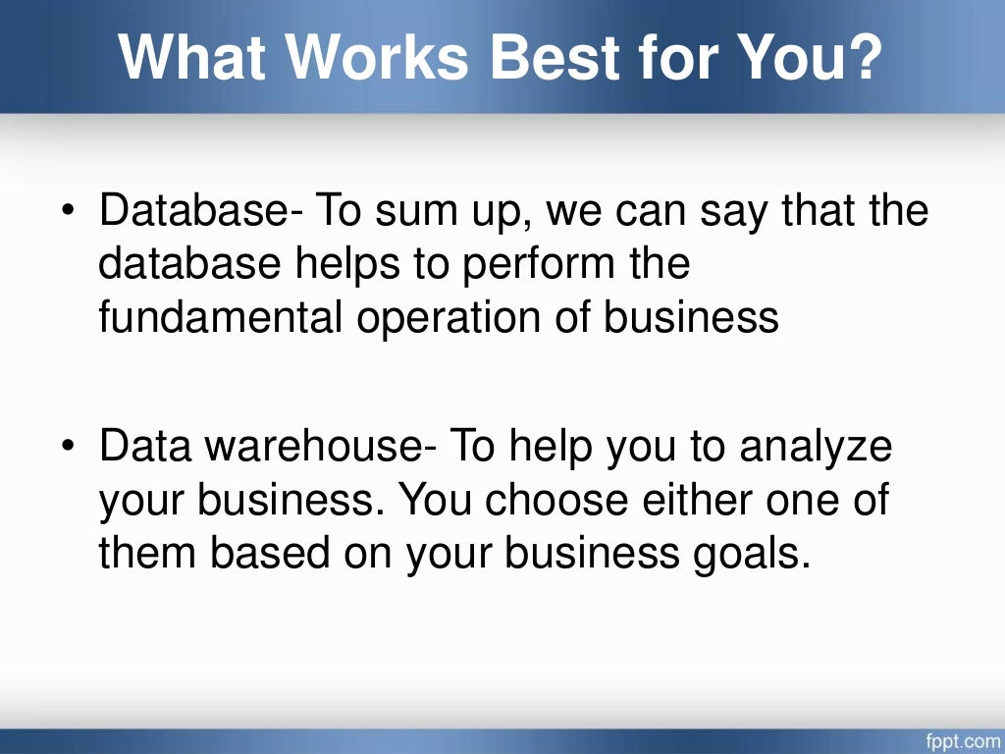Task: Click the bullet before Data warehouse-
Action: (x=70, y=449)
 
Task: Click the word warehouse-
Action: (x=315, y=449)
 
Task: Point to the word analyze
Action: (x=817, y=449)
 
